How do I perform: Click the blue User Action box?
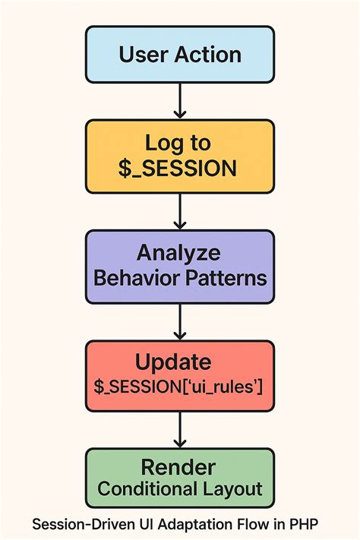click(179, 55)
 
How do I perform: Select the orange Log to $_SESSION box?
click(179, 156)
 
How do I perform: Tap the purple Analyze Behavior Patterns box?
click(179, 266)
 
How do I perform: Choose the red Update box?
click(179, 375)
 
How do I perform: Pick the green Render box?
click(179, 478)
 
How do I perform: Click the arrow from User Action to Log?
click(180, 100)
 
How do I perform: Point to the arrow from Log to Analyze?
click(180, 210)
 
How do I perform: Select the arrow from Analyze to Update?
click(180, 320)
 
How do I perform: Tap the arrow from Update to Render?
click(180, 429)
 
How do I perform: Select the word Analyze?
click(179, 253)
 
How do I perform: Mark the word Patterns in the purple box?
click(226, 277)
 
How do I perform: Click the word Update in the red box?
click(179, 362)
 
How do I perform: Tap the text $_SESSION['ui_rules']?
click(179, 387)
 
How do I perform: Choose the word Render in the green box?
click(179, 466)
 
